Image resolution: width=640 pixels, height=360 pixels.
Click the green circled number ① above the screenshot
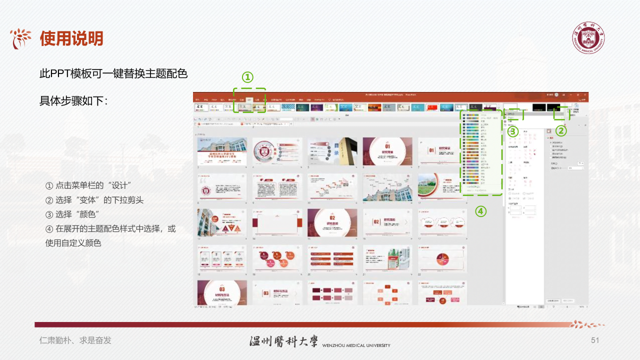click(248, 77)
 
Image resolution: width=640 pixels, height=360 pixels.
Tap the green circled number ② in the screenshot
click(561, 131)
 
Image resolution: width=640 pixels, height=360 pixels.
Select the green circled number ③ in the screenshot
click(512, 131)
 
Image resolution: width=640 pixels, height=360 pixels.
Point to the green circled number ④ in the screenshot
click(480, 211)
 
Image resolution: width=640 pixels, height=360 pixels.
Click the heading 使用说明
click(71, 38)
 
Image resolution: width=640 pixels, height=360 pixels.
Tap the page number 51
click(595, 340)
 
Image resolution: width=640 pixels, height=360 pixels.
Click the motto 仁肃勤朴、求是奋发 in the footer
click(75, 340)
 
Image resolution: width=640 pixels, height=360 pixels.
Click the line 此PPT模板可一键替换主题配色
click(113, 74)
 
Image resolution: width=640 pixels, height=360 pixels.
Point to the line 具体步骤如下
click(73, 101)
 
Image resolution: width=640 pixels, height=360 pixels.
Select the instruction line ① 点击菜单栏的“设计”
click(88, 185)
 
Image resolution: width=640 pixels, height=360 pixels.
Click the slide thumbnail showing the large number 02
click(332, 223)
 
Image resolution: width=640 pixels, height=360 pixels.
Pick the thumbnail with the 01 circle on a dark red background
click(387, 151)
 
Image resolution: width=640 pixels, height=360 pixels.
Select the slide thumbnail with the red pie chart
click(442, 259)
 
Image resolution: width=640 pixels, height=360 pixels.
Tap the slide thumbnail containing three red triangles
click(222, 223)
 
